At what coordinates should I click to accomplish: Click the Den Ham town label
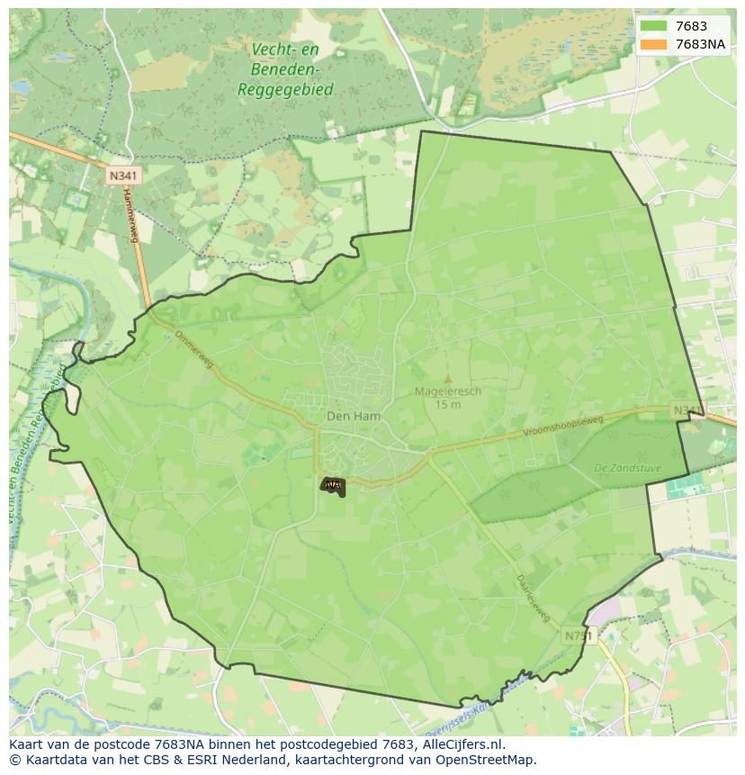point(353,416)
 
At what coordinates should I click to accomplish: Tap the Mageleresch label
point(447,392)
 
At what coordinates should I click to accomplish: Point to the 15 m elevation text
point(447,404)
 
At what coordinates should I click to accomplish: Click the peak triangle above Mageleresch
point(447,379)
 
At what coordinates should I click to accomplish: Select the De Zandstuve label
point(627,468)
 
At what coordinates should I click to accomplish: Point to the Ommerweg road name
point(195,348)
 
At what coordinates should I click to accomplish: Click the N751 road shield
point(579,635)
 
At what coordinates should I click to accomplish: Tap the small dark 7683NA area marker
point(333,486)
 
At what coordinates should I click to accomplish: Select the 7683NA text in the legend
point(700,43)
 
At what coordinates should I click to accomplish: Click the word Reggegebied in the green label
point(285,89)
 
